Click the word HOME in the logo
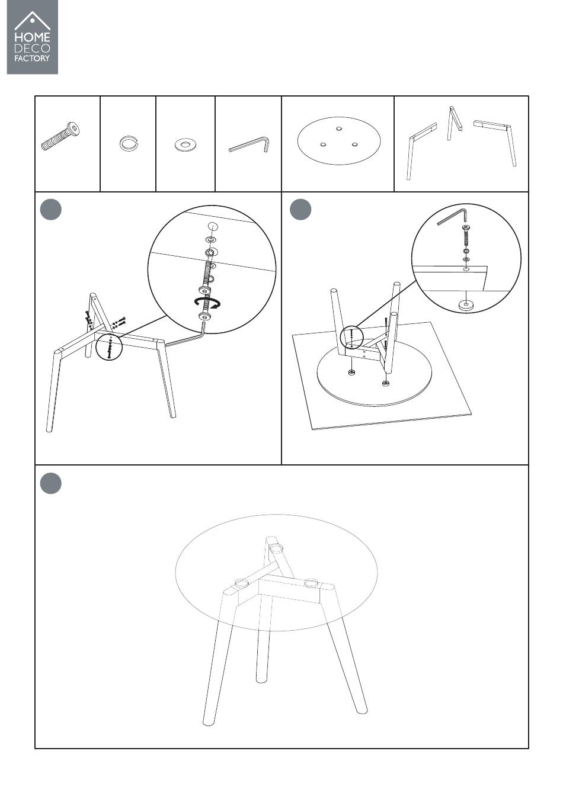[32, 37]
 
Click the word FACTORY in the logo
[32, 58]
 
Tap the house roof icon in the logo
[32, 21]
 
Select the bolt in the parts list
[60, 136]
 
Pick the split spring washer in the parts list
[129, 143]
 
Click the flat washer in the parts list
[185, 145]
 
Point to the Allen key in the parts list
[249, 145]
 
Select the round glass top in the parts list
[338, 140]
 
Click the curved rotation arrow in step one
[207, 303]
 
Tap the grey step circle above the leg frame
[51, 209]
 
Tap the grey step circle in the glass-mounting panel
[300, 209]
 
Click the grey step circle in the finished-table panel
[51, 483]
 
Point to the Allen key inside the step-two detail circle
[452, 217]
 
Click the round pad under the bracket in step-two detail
[465, 304]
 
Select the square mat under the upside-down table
[382, 375]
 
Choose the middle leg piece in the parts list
[455, 123]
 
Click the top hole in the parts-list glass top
[340, 129]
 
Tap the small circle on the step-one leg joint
[109, 347]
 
